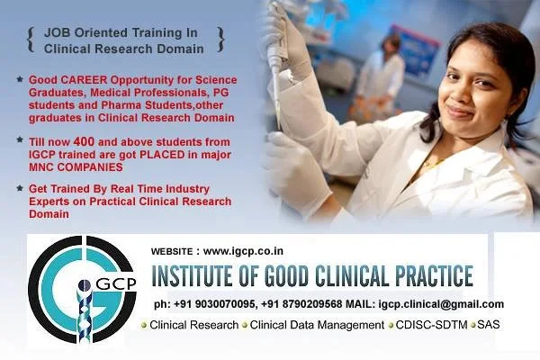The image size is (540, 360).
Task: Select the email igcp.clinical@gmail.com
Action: click(x=441, y=304)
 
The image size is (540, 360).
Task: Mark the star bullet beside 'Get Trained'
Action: click(x=20, y=187)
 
